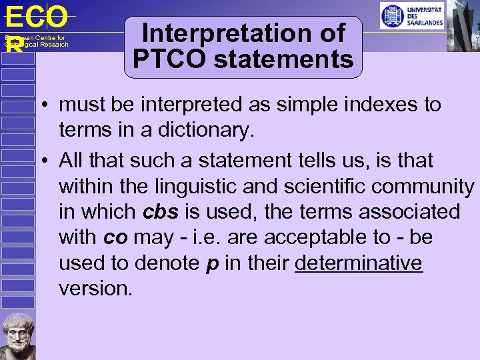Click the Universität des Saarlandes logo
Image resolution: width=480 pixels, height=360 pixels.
(411, 16)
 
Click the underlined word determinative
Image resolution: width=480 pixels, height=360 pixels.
(358, 263)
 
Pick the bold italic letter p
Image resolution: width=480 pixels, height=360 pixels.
(212, 263)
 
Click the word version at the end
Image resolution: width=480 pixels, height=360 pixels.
(95, 289)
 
